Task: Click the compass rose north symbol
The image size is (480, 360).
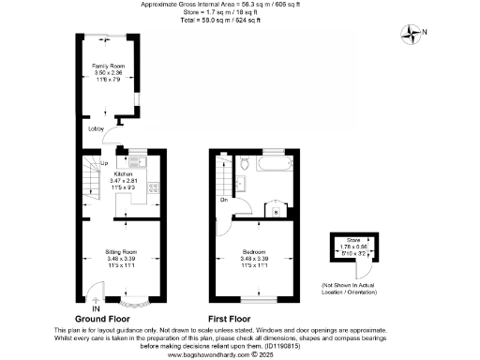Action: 413,35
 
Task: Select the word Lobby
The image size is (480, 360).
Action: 96,129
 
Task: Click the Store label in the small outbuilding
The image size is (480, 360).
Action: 352,241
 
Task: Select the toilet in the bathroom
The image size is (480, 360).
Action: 245,162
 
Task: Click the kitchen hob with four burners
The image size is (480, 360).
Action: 153,189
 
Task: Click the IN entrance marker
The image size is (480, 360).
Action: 95,307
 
